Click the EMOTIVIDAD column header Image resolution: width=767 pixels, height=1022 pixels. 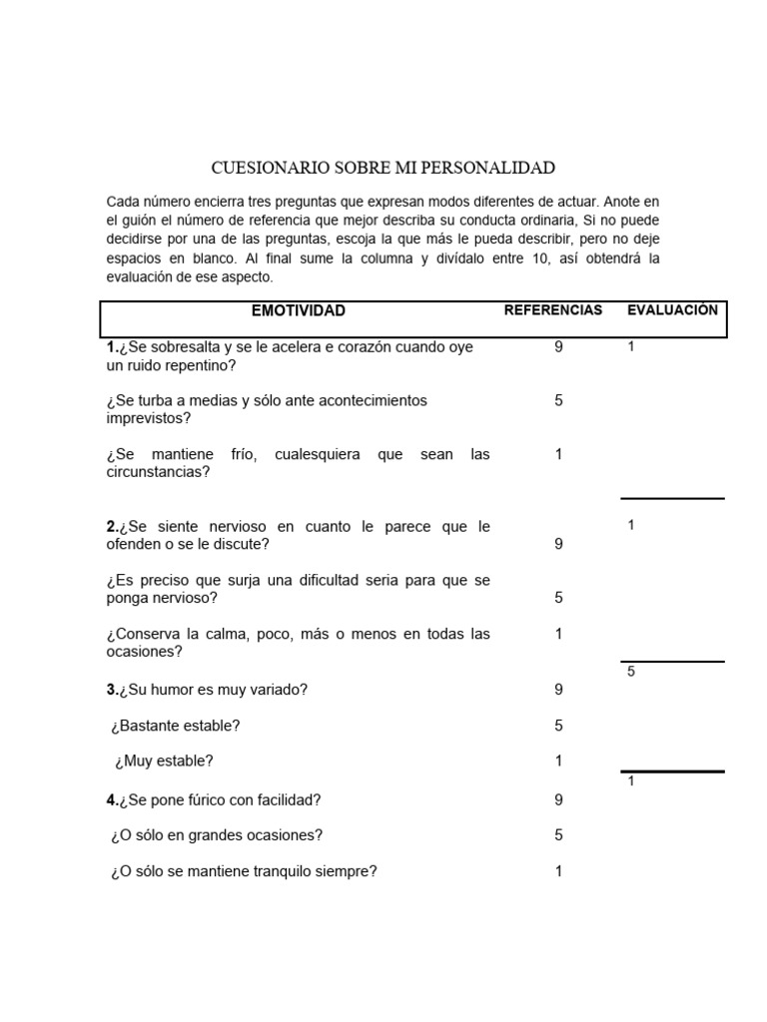click(x=298, y=310)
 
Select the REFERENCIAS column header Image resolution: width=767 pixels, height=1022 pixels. click(x=553, y=310)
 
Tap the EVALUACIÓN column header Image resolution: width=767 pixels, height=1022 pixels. click(x=672, y=310)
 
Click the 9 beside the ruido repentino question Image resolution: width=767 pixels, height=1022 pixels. click(x=559, y=347)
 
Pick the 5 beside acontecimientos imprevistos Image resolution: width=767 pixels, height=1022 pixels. click(x=559, y=400)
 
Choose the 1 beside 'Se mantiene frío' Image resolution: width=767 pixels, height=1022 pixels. click(x=559, y=454)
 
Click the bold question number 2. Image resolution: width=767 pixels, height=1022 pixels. click(x=112, y=526)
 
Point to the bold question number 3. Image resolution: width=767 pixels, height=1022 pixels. click(x=112, y=690)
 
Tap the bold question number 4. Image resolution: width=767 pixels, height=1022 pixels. click(x=112, y=799)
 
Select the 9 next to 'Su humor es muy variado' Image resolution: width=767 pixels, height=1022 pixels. click(x=559, y=690)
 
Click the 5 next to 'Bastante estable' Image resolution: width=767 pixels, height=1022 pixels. click(x=559, y=726)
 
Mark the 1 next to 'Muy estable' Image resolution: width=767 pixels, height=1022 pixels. click(x=559, y=761)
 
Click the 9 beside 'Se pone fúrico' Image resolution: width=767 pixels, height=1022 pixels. click(x=559, y=799)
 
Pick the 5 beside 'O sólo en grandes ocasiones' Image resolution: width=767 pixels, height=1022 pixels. click(x=559, y=835)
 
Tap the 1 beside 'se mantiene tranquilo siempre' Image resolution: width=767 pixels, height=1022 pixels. click(x=559, y=871)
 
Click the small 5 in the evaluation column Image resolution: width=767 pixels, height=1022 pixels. click(x=631, y=672)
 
